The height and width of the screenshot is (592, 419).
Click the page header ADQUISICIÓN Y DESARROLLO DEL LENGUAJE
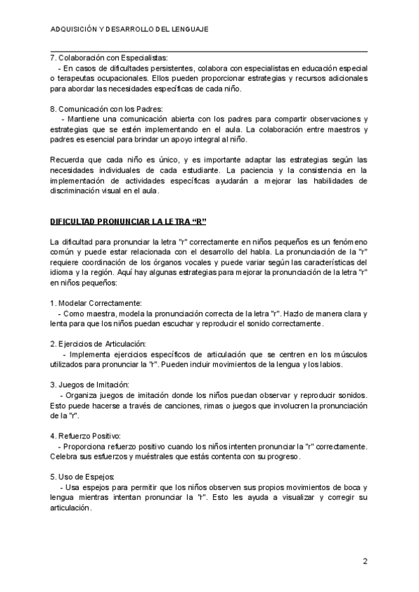pyautogui.click(x=130, y=30)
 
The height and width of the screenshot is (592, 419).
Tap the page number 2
pyautogui.click(x=365, y=561)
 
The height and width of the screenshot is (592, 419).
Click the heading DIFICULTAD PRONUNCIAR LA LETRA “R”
pyautogui.click(x=129, y=221)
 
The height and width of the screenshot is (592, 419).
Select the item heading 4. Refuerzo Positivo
pyautogui.click(x=87, y=435)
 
